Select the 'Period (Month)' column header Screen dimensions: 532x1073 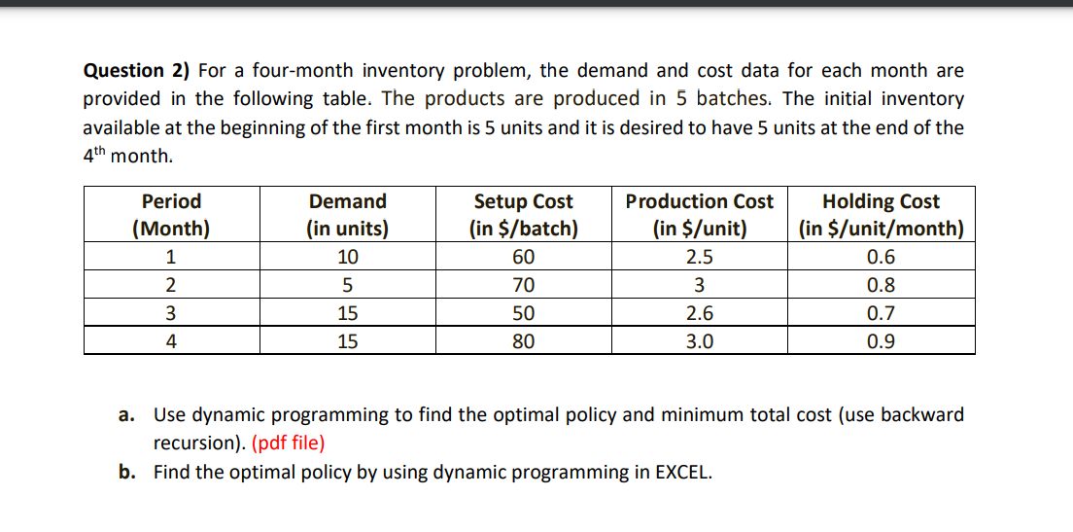click(x=171, y=215)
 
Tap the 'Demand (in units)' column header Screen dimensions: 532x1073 click(x=347, y=215)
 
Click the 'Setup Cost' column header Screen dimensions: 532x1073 click(x=523, y=215)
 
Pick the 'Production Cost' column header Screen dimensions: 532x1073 click(x=700, y=215)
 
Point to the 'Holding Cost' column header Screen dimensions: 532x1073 click(x=881, y=215)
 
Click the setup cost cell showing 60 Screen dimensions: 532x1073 click(x=523, y=258)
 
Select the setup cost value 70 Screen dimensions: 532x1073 click(x=523, y=286)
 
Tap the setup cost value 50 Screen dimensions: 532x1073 click(x=523, y=313)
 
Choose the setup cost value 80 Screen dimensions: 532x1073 click(x=523, y=341)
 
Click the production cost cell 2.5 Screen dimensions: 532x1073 click(x=700, y=258)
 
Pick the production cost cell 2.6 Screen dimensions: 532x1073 click(x=700, y=313)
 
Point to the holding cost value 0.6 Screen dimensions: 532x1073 click(x=881, y=258)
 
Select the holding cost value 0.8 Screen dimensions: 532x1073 click(x=881, y=286)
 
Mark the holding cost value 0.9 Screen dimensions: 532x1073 click(x=881, y=341)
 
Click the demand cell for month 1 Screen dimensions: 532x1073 click(x=347, y=258)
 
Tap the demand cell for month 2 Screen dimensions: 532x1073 click(x=347, y=286)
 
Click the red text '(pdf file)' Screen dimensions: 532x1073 click(x=289, y=443)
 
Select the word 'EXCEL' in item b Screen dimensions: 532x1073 click(x=682, y=473)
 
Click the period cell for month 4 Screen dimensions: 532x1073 click(x=171, y=341)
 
